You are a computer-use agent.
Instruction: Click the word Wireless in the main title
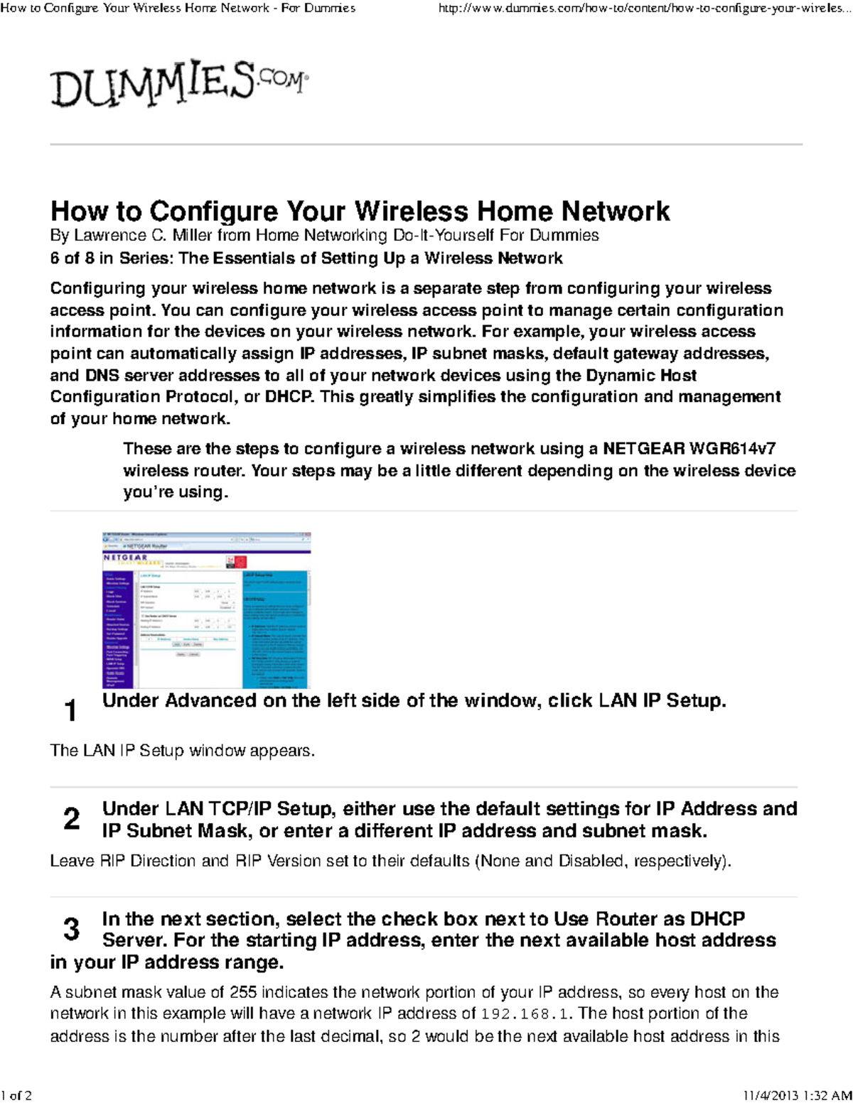pyautogui.click(x=411, y=212)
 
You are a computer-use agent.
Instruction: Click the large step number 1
pyautogui.click(x=70, y=710)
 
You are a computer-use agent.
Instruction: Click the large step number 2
pyautogui.click(x=71, y=819)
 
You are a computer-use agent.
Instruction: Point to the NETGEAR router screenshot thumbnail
pyautogui.click(x=207, y=610)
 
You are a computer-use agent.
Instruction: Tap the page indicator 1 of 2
pyautogui.click(x=17, y=1095)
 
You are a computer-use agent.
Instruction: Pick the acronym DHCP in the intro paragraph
pyautogui.click(x=289, y=397)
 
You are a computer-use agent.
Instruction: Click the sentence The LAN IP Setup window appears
pyautogui.click(x=182, y=751)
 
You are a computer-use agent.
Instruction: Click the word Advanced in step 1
pyautogui.click(x=210, y=701)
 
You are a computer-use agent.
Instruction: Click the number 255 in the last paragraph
pyautogui.click(x=242, y=992)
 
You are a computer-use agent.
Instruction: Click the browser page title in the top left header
pyautogui.click(x=178, y=9)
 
